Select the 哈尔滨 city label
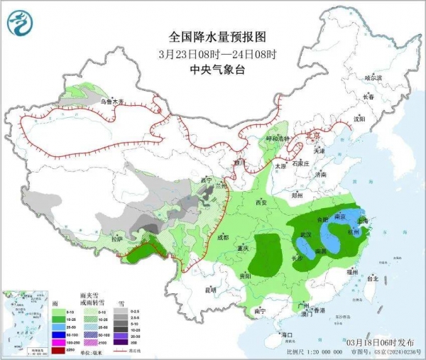[x=373, y=77]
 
